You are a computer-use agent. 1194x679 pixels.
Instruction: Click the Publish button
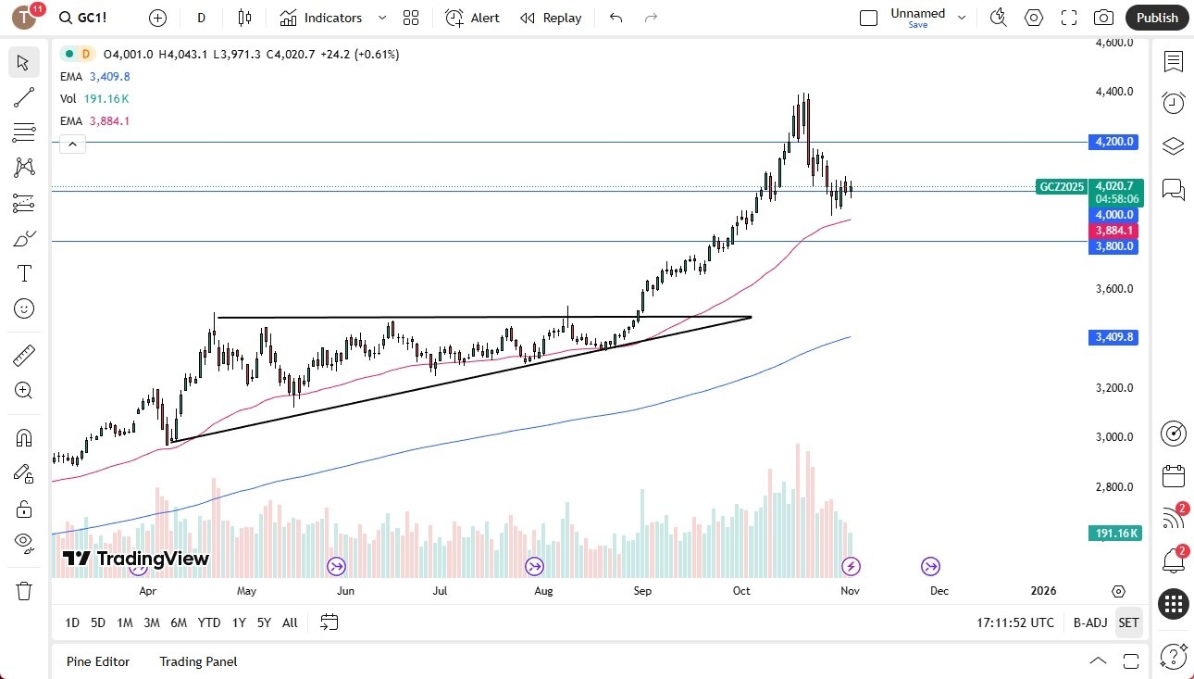pos(1157,18)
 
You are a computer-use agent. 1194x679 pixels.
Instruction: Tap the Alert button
pos(473,18)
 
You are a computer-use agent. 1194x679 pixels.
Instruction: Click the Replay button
pos(551,18)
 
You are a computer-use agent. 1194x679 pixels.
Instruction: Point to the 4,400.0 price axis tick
pos(1113,92)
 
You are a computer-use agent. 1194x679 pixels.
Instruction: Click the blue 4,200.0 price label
pos(1113,142)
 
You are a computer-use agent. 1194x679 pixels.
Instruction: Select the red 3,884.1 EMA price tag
pos(1113,231)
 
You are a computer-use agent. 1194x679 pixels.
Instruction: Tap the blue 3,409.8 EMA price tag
pos(1113,338)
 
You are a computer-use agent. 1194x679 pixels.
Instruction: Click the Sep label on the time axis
pos(642,591)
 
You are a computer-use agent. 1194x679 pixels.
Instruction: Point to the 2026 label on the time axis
pos(1043,591)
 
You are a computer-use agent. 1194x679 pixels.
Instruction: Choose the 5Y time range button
pos(264,622)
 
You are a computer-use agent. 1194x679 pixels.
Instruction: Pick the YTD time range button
pos(209,622)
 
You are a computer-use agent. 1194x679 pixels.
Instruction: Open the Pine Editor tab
pos(98,661)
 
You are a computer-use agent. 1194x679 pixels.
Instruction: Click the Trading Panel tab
pos(198,661)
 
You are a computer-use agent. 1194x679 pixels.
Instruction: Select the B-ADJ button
pos(1090,622)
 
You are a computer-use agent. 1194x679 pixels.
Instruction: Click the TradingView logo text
pos(136,559)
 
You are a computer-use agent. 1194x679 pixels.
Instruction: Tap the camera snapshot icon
pos(1103,18)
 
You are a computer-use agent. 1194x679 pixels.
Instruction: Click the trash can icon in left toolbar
pos(24,591)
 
